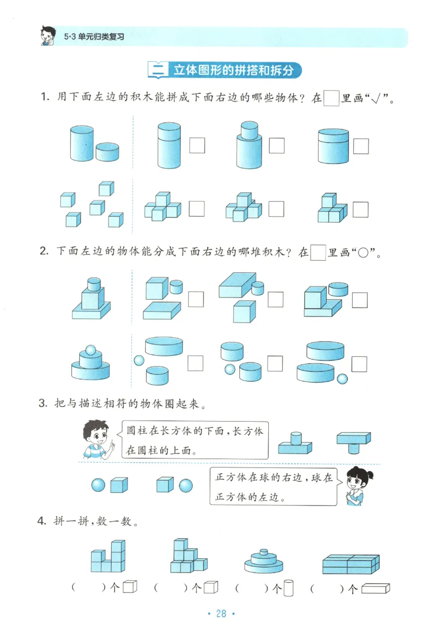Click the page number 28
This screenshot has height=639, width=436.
221,613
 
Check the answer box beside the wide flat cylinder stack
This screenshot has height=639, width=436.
361,146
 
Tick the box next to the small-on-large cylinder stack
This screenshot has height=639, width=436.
276,146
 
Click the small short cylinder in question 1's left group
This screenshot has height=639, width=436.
107,152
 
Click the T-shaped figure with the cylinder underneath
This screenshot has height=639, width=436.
353,440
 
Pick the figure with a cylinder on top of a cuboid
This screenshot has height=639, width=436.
295,443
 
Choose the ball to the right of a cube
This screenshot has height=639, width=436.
186,485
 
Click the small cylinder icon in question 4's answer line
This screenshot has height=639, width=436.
289,588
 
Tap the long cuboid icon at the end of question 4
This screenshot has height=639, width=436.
376,588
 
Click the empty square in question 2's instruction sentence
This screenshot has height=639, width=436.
318,253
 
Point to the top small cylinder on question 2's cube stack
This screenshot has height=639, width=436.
94,284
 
